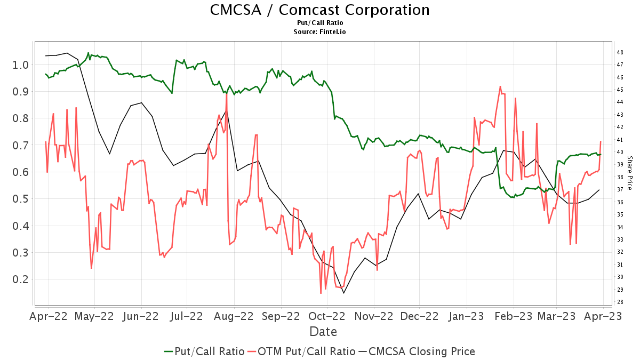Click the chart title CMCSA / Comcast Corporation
click(319, 10)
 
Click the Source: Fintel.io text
click(319, 32)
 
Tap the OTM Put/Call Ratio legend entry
click(302, 351)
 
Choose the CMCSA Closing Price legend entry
click(417, 351)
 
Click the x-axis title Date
click(323, 332)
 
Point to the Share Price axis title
click(629, 173)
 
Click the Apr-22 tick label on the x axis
click(49, 316)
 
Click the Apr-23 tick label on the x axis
click(603, 316)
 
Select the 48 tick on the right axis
click(620, 52)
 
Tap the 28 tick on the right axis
click(620, 302)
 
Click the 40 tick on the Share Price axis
click(620, 152)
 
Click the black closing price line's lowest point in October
click(343, 293)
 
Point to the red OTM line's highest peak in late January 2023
click(500, 86)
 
